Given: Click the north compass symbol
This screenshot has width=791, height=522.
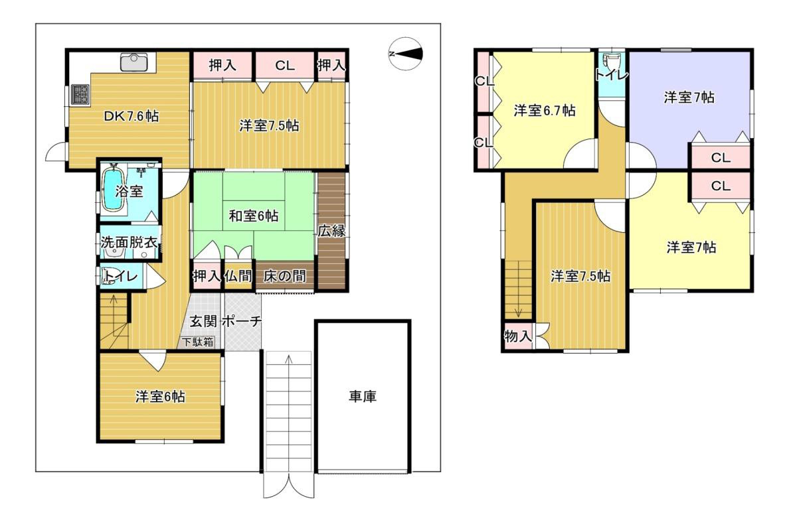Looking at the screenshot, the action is point(406,54).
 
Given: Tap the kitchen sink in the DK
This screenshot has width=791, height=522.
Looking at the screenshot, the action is point(133,62).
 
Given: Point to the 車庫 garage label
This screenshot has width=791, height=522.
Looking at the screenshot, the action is point(362,397).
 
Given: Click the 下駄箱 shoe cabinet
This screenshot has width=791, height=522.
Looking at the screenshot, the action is point(199,342).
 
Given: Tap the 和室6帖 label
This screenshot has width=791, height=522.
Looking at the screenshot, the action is point(253,216).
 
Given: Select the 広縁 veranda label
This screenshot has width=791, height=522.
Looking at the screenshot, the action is point(331,231).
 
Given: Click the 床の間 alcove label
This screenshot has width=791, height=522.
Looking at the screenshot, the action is point(284,276).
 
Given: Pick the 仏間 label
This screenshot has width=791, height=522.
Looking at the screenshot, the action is point(238,276).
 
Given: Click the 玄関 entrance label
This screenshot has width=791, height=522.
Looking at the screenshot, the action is point(203,321).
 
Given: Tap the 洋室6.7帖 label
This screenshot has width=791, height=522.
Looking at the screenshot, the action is point(545,110).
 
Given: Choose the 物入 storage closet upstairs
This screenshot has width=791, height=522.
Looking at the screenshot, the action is point(518,336).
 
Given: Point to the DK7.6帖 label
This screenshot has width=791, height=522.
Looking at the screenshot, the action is point(131,116).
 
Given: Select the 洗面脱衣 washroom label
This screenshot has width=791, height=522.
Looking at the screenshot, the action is point(129,242).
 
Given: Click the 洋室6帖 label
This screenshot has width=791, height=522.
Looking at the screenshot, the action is point(160,397).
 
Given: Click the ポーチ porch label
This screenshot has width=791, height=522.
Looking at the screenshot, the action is point(242,321).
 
